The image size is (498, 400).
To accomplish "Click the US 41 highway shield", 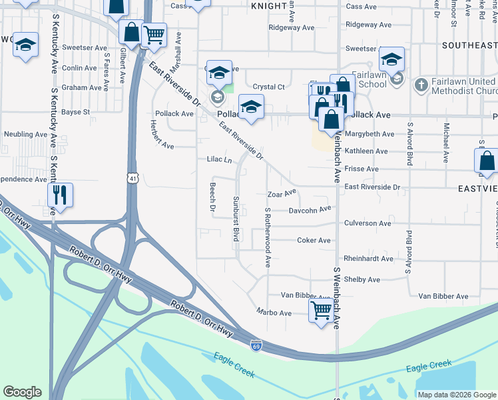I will pos(134,179).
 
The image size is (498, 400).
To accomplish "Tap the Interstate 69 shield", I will pos(256,345).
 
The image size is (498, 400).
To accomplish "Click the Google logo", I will pos(22,392).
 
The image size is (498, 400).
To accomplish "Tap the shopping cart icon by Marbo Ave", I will pos(322,309).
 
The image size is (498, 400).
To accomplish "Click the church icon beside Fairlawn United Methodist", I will pos(420,85).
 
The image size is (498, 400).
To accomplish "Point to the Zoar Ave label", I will pos(281,194).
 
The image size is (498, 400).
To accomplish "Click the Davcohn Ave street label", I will pos(310,210).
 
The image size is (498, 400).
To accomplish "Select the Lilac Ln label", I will pos(219,160).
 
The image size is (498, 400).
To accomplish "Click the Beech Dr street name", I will pos(213,198).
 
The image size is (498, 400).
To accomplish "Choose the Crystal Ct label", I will pos(269,87).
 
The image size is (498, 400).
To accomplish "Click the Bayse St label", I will pos(75,112).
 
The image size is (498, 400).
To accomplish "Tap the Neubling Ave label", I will pos(23,134).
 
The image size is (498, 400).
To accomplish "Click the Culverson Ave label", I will pos(368,223).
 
